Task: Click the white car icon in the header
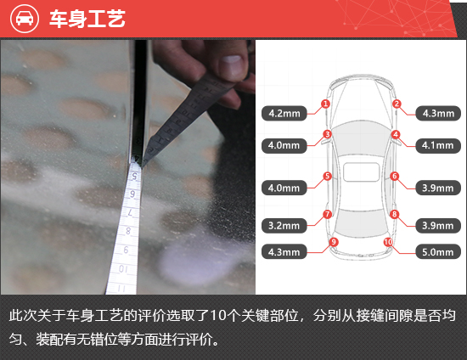tap(25, 19)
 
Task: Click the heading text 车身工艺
tap(87, 19)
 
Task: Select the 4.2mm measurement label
tap(284, 113)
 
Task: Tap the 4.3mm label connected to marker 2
tap(438, 113)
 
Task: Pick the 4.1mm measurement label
tap(438, 145)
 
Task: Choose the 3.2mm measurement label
tap(284, 226)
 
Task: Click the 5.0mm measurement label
tap(438, 252)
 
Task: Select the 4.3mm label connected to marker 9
tap(284, 252)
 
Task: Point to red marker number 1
tap(325, 104)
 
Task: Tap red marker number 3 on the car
tap(327, 134)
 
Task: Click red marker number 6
tap(395, 176)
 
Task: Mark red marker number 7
tap(327, 214)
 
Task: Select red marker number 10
tap(388, 242)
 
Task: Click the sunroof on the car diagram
tap(361, 172)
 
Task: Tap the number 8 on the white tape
tap(128, 231)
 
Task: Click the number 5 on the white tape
tap(135, 177)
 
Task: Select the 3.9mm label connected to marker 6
tap(438, 188)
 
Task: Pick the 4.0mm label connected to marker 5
tap(284, 188)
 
